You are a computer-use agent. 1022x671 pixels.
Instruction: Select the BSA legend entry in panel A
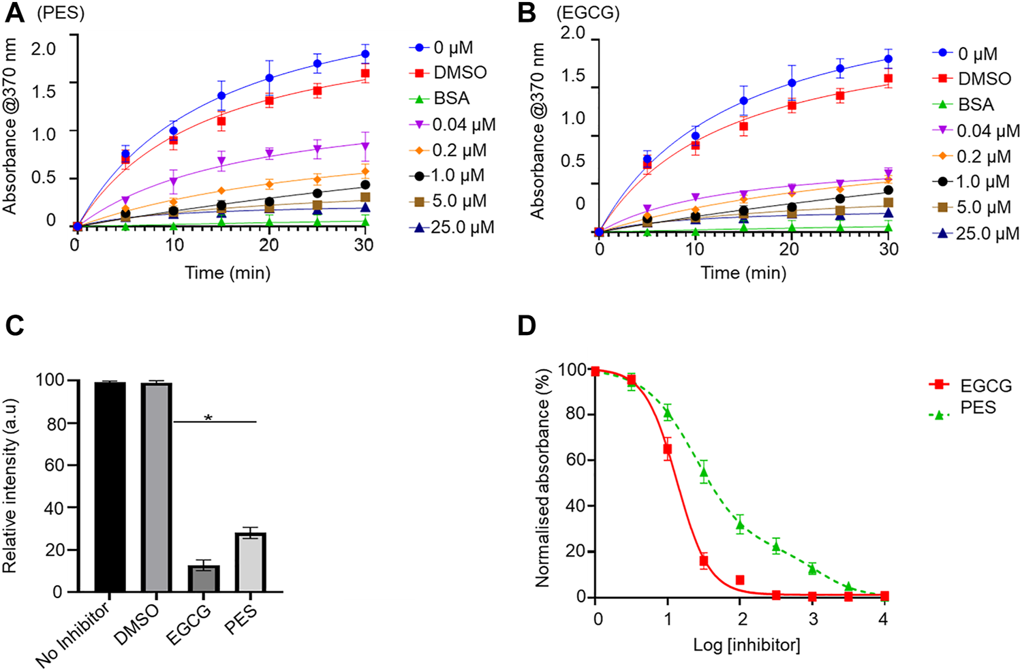point(450,99)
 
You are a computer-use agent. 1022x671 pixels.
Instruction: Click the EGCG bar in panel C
point(204,578)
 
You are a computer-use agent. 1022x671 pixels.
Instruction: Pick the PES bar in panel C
point(250,562)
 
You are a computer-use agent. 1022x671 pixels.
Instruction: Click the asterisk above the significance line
point(208,417)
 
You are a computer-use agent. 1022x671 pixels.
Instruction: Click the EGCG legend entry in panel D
point(985,386)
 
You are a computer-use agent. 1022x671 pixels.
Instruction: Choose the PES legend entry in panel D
point(978,408)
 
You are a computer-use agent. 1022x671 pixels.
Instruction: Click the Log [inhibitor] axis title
point(747,644)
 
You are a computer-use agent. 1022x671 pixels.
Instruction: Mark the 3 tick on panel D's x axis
point(812,619)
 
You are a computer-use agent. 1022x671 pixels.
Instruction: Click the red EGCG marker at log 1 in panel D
point(668,449)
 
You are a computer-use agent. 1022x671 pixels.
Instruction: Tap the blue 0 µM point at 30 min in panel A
point(365,54)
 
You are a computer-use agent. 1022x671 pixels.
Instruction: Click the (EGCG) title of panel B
point(588,13)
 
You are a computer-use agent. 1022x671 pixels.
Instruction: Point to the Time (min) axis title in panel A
point(228,273)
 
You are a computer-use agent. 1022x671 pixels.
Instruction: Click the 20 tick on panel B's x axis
point(790,249)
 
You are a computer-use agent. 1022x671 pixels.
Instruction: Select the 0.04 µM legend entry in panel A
point(463,125)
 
